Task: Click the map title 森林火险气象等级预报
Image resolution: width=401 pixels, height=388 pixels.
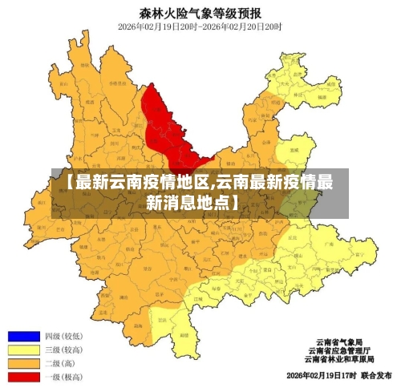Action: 200,13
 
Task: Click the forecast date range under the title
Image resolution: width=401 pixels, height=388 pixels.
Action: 200,26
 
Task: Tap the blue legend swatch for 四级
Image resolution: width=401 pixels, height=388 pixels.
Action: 24,336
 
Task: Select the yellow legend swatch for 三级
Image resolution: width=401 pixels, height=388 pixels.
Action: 24,350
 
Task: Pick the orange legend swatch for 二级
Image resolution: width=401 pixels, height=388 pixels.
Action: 24,363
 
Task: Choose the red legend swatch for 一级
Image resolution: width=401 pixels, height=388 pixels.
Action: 24,376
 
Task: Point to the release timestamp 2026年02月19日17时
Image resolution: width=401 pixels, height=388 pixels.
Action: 320,375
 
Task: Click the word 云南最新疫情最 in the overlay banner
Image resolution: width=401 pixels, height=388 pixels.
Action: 275,182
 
